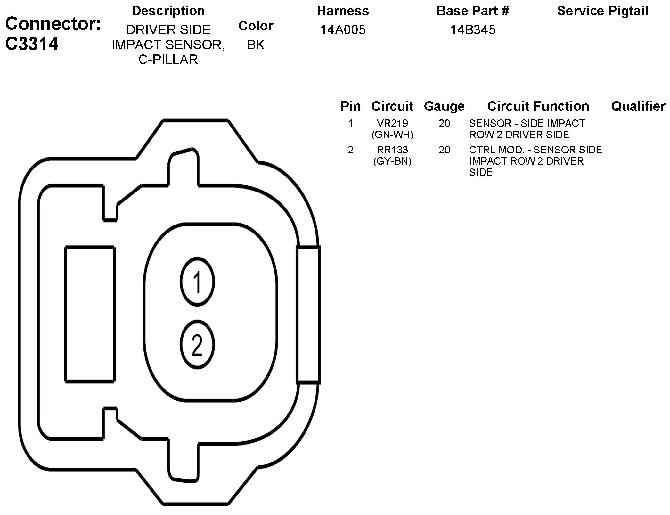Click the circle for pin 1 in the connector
point(197,282)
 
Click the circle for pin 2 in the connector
point(197,345)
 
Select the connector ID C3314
point(32,44)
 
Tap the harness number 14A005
point(343,30)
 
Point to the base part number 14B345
point(473,30)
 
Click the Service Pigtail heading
point(602,11)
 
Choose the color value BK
point(256,45)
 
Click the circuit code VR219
point(392,123)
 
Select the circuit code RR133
point(392,150)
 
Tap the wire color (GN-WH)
point(392,135)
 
